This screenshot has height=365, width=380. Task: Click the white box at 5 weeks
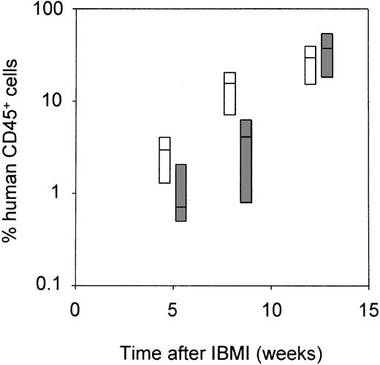164,159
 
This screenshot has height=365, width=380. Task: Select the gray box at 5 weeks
180,192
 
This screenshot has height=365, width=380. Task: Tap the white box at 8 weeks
229,94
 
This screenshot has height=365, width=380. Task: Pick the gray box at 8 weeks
246,162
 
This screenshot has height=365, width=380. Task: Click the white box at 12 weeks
311,65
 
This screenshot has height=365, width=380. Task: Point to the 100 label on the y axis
50,10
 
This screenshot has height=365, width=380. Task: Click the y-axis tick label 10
54,101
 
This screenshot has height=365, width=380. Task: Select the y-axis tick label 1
59,193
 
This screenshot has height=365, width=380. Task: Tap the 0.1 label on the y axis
51,285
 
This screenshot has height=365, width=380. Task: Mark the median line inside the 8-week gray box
246,137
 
